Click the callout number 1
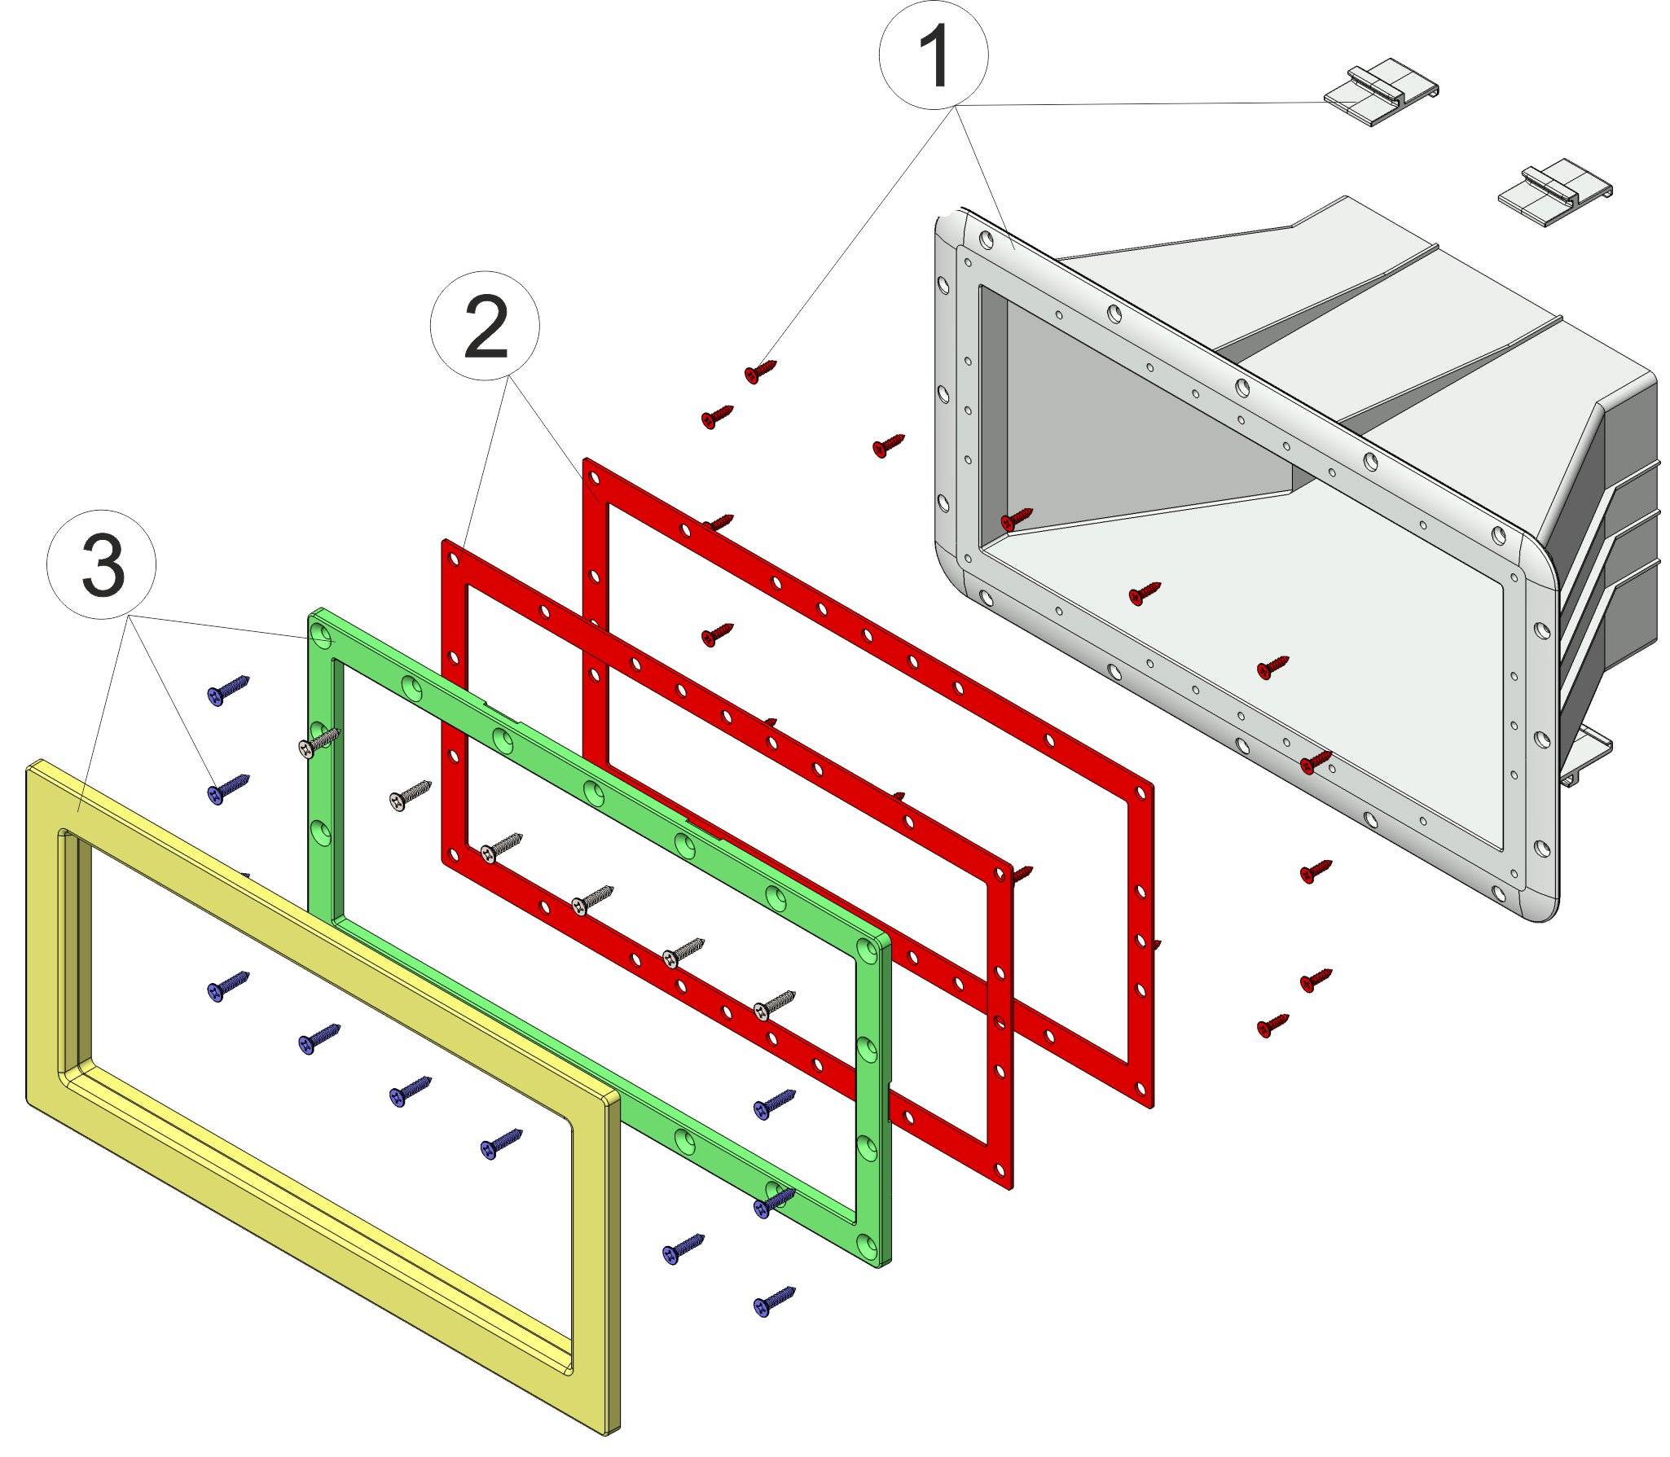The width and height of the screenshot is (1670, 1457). point(934,55)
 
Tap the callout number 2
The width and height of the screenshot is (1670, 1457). point(486,326)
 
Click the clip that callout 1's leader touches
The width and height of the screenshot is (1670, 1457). point(1381,92)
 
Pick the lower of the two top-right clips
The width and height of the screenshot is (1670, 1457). point(1555,192)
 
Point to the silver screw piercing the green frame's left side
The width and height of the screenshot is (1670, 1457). point(319,742)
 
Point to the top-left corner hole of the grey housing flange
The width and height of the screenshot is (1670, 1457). point(987,240)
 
